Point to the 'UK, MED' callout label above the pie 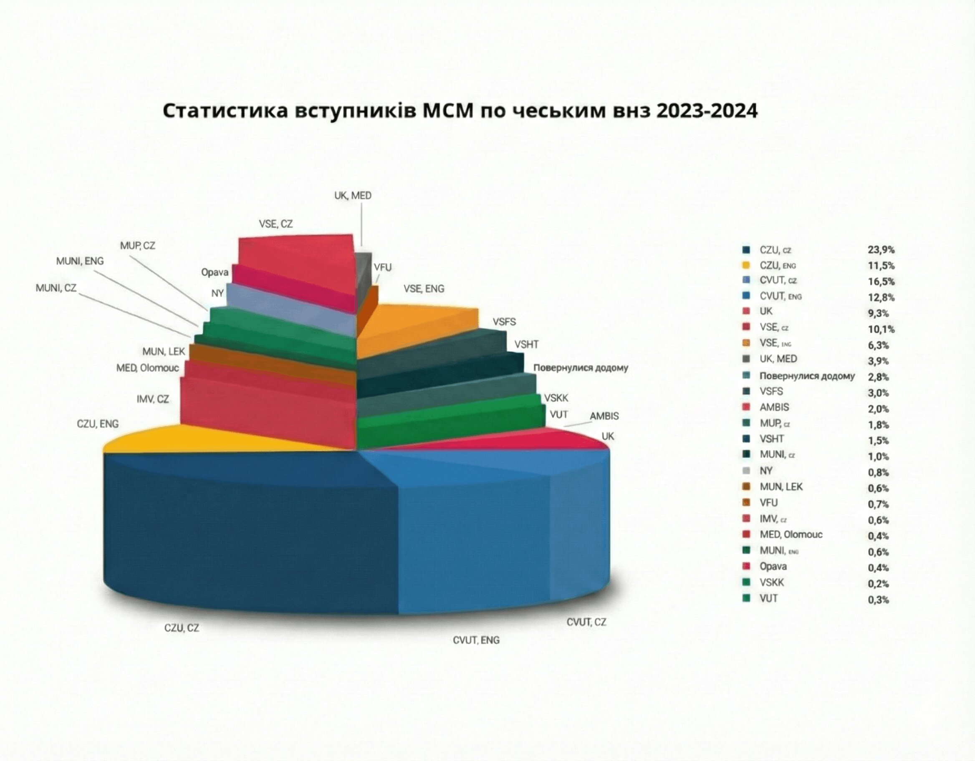click(353, 196)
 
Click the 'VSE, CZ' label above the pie click(275, 224)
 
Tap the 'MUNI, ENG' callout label click(80, 261)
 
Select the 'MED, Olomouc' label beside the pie click(147, 368)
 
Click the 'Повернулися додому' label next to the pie click(580, 368)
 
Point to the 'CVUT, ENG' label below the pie click(476, 640)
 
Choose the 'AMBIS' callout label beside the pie click(604, 416)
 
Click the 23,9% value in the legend click(881, 250)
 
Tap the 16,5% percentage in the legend click(881, 282)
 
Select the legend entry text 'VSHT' click(771, 439)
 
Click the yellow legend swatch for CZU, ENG click(745, 266)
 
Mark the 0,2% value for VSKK click(878, 584)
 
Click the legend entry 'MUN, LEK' click(781, 486)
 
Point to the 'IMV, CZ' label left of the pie click(153, 399)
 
